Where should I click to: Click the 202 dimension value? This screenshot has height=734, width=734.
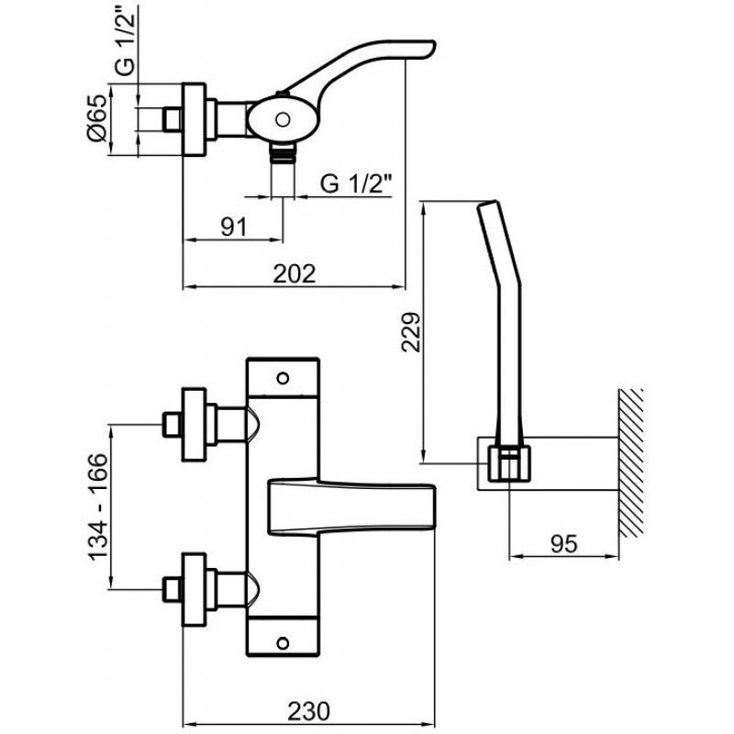[294, 273]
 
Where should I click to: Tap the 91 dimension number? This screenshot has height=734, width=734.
[234, 228]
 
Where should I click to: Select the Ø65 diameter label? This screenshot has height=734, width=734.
[98, 118]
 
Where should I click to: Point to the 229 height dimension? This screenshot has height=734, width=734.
[411, 332]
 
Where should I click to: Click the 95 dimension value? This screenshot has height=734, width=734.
[564, 543]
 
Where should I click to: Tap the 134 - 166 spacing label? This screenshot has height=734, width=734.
[98, 506]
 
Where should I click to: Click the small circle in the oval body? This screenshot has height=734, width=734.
[283, 119]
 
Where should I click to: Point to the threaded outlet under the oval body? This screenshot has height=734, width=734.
[283, 152]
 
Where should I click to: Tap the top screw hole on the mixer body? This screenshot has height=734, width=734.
[283, 378]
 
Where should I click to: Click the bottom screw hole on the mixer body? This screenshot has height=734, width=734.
[283, 643]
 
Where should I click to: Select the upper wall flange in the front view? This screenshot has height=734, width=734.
[194, 424]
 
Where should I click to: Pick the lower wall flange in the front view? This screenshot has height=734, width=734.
[194, 589]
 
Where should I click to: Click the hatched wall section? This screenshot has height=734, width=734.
[630, 463]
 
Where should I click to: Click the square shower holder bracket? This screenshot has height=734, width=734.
[509, 463]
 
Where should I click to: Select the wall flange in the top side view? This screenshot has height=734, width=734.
[194, 119]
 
